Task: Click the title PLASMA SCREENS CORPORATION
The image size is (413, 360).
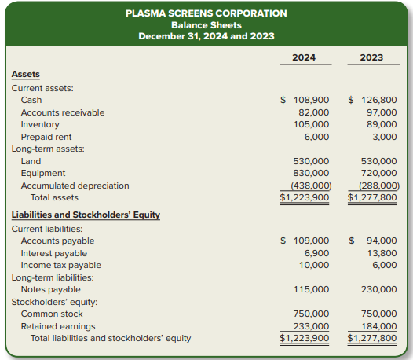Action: (x=206, y=13)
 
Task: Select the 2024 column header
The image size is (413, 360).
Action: (x=304, y=57)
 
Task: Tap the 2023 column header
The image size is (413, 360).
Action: (x=371, y=57)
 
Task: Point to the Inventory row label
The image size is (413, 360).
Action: (x=40, y=124)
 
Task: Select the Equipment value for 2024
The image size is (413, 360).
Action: (x=311, y=173)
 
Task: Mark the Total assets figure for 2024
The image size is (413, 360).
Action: (x=305, y=197)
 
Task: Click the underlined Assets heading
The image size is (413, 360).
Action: (x=26, y=74)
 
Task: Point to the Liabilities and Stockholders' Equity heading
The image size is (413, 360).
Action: (x=86, y=215)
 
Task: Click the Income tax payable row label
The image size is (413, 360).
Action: (x=60, y=265)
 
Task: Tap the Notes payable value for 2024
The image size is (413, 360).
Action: (x=311, y=289)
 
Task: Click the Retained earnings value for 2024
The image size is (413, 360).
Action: (x=311, y=326)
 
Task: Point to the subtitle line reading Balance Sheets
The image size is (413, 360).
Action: (x=206, y=24)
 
